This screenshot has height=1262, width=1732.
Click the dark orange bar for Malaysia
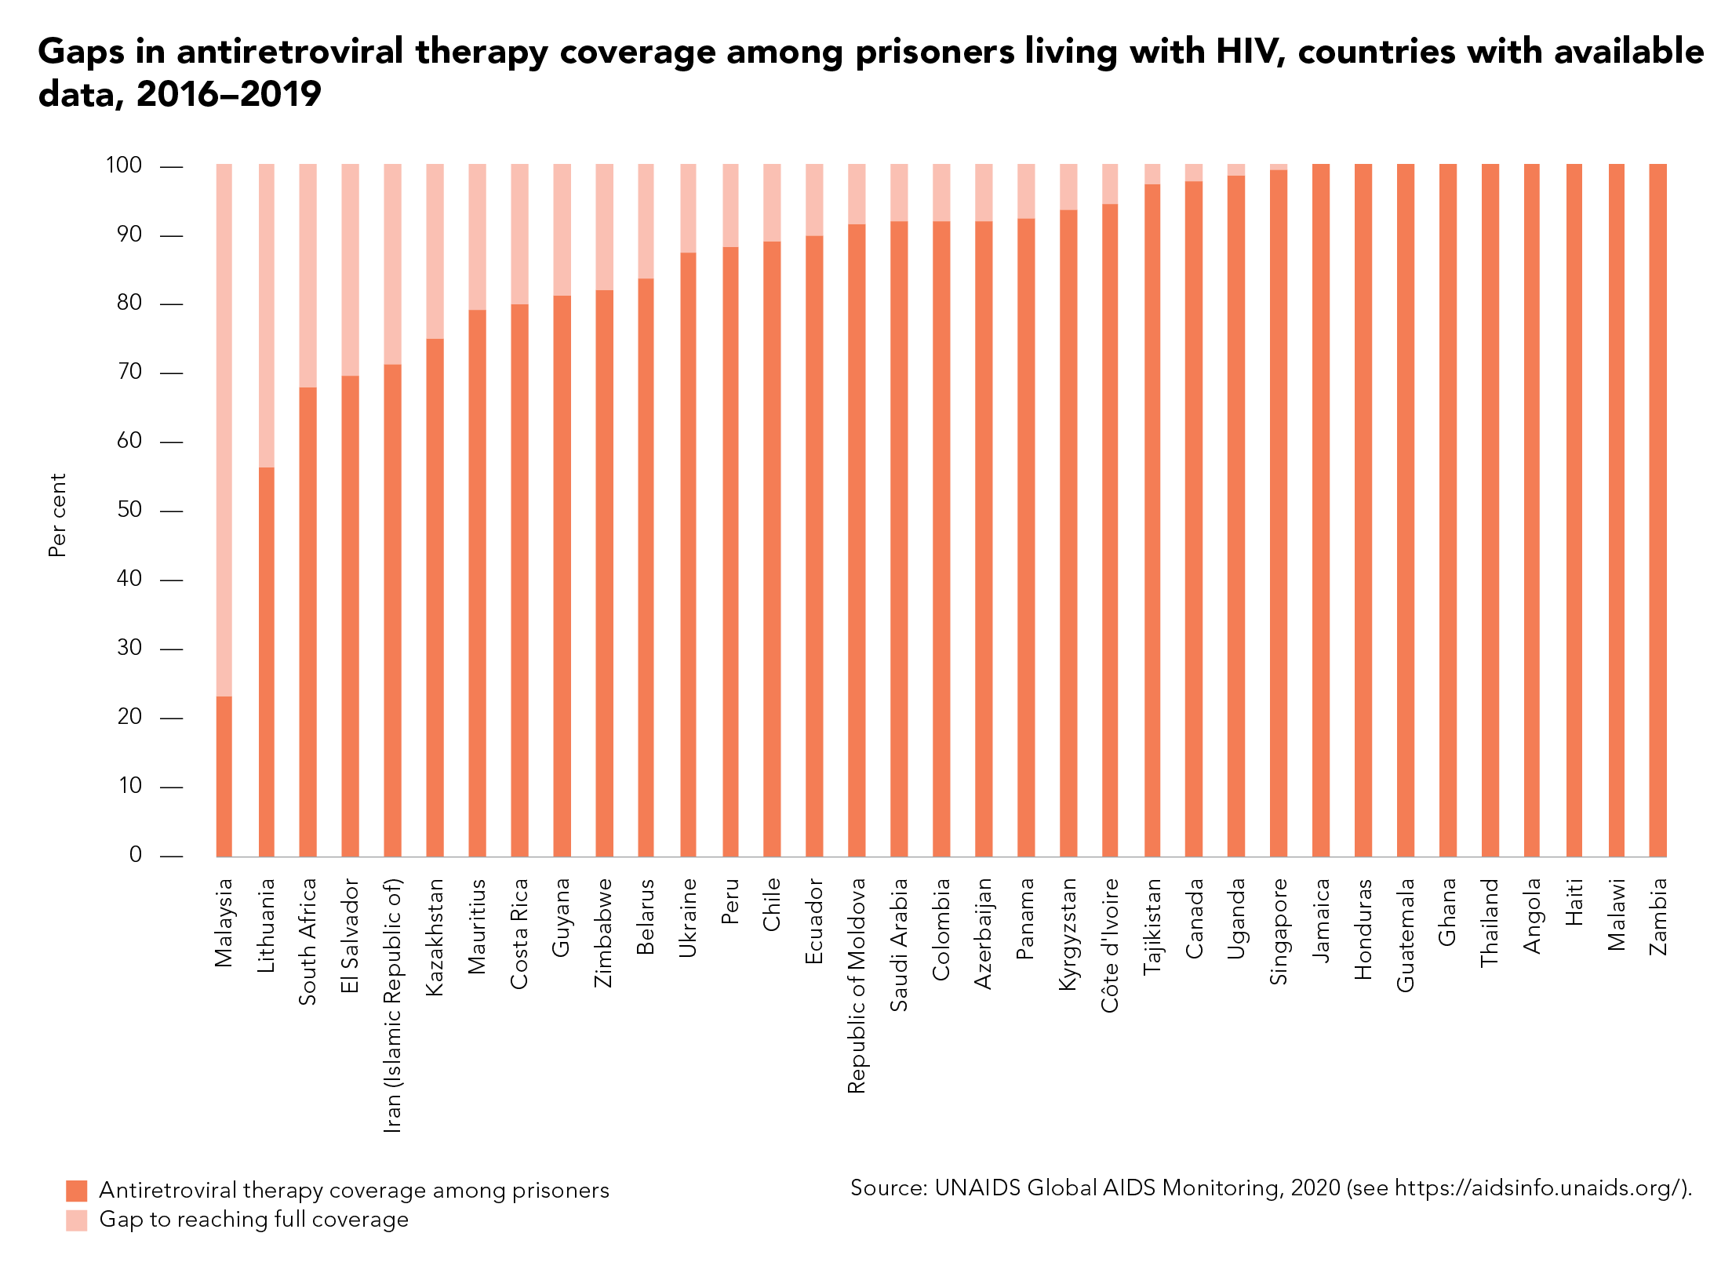coord(224,776)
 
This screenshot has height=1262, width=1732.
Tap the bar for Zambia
coord(1657,510)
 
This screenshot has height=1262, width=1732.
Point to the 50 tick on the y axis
coord(129,511)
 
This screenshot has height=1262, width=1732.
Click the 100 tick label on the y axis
coord(124,165)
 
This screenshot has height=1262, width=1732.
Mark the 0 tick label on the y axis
coord(136,856)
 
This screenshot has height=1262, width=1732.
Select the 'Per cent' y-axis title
coord(57,515)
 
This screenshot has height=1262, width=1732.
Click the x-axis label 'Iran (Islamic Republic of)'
coord(393,1006)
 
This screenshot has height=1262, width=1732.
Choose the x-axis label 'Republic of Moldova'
coord(857,985)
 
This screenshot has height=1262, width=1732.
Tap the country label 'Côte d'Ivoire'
coord(1110,945)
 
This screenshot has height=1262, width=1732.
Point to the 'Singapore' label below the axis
coord(1279,931)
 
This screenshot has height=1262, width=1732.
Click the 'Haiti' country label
coord(1574,902)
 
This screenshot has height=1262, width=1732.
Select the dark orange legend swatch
coord(77,1191)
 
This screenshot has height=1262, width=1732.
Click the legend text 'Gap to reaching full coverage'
coord(253,1220)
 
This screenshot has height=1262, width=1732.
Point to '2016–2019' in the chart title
coord(228,95)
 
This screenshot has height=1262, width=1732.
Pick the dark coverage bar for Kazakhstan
coord(435,597)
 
